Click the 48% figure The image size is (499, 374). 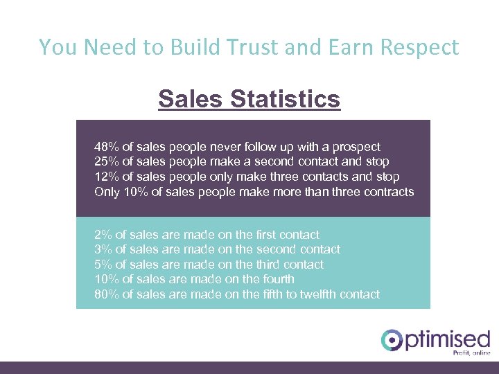[107, 147]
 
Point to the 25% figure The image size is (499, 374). [107, 161]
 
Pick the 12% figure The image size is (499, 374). [107, 177]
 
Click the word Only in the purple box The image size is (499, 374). [107, 191]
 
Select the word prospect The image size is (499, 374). [354, 147]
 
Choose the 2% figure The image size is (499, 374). [103, 235]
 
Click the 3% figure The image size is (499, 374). [103, 249]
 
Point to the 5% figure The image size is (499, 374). [103, 265]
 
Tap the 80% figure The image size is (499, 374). [107, 294]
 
